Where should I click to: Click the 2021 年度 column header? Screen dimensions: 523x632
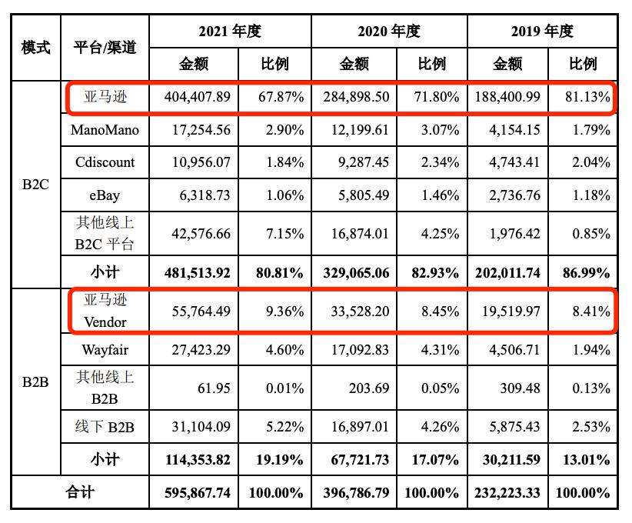(x=230, y=32)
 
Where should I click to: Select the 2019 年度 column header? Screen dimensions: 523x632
(x=542, y=32)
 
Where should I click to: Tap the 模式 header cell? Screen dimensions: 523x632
(x=35, y=47)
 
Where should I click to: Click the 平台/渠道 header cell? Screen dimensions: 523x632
(x=105, y=47)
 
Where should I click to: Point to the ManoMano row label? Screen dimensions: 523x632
(x=105, y=130)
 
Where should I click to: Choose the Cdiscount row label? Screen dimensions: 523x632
(x=105, y=162)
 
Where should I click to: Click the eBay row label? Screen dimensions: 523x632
(x=105, y=195)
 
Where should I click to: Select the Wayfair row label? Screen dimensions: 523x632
(x=105, y=350)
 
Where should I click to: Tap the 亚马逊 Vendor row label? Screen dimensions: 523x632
(x=105, y=311)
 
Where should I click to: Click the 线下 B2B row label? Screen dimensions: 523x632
(x=105, y=426)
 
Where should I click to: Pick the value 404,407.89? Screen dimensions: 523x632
(x=198, y=98)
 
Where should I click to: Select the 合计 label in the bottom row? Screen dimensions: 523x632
(x=80, y=492)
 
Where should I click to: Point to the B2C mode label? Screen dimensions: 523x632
(x=35, y=185)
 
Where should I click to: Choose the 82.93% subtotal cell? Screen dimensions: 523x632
(x=430, y=272)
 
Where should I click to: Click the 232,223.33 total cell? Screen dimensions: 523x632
(x=507, y=493)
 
